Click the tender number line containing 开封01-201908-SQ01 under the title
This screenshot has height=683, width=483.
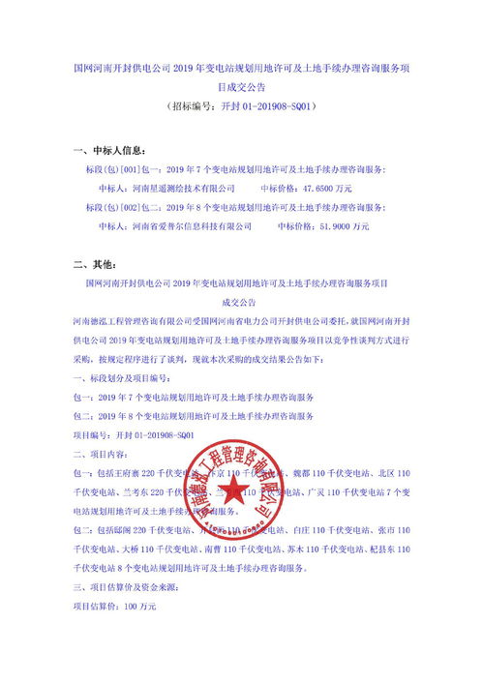coord(241,104)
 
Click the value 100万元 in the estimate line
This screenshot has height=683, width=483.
coord(139,607)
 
